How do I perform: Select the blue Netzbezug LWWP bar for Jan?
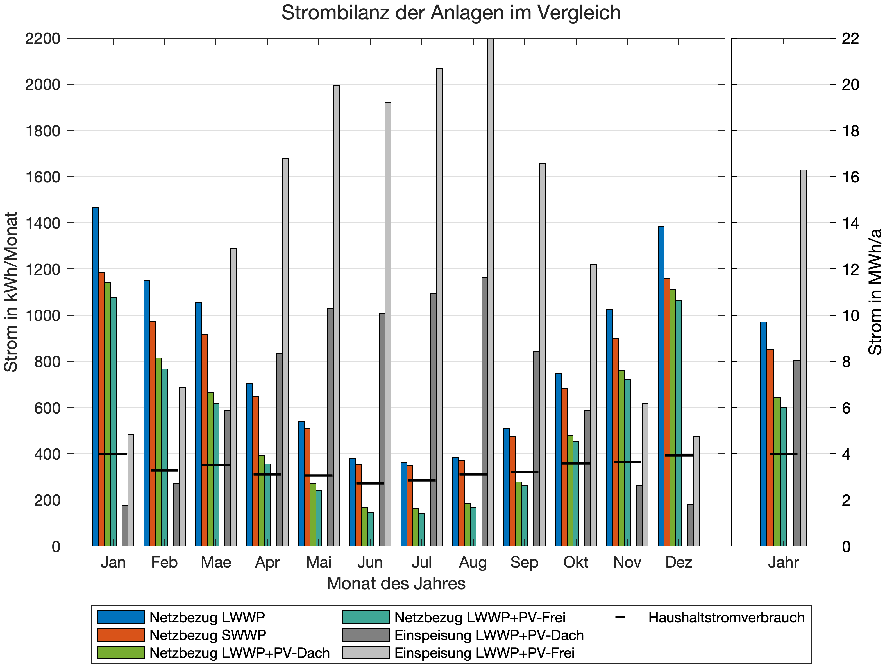tap(95, 376)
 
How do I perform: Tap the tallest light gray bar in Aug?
tap(491, 292)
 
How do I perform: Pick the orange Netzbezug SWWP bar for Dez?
tap(667, 412)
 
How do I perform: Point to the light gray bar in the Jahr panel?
tap(803, 358)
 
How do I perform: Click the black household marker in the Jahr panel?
tap(783, 454)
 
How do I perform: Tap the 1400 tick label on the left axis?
tap(42, 223)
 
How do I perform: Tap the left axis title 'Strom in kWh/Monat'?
tap(11, 292)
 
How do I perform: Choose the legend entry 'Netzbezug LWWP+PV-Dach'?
tap(239, 653)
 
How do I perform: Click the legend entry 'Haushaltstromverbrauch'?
tap(726, 618)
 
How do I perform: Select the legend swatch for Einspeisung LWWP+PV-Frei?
tap(366, 653)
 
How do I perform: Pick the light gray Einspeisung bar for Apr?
tap(285, 352)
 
